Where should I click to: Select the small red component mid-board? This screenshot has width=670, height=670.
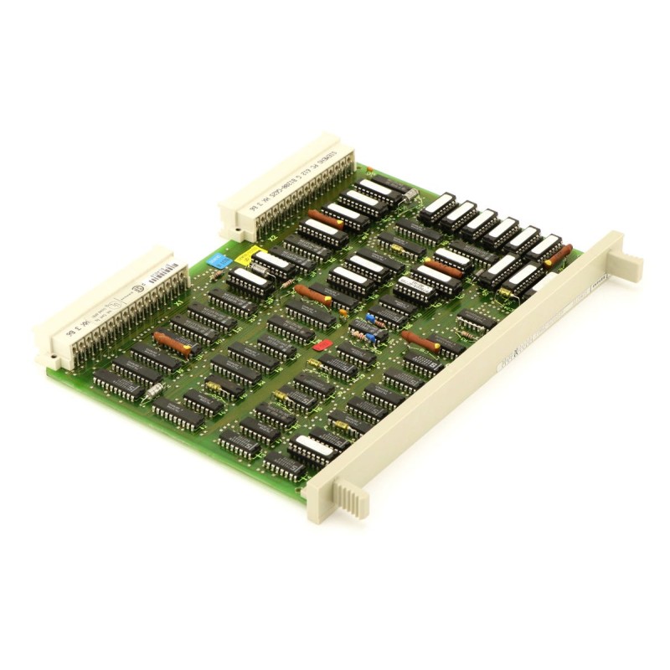[x=320, y=344]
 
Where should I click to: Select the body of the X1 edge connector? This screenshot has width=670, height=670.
[x=105, y=301]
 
